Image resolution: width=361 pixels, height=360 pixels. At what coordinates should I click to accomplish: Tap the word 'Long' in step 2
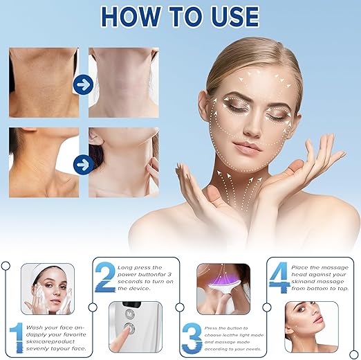[x=127, y=267]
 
